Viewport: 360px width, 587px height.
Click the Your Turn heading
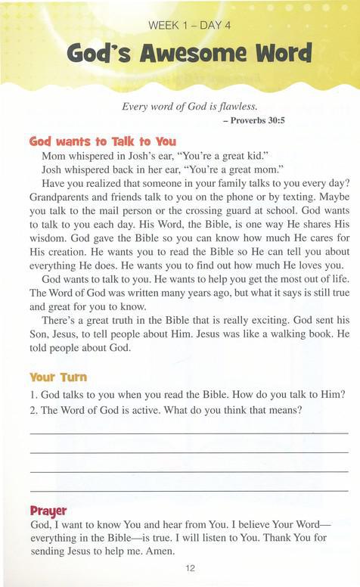point(58,376)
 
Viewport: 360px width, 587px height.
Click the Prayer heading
point(48,510)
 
